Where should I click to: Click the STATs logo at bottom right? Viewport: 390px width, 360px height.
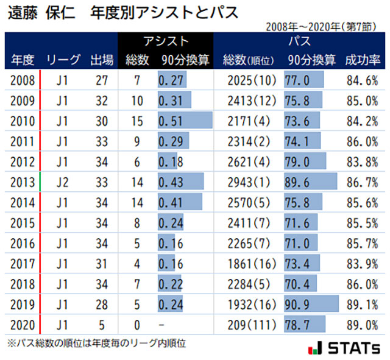point(345,348)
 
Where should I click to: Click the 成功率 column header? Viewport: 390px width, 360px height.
point(363,60)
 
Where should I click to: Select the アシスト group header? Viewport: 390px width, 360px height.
point(166,42)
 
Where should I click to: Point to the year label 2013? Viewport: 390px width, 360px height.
point(23,181)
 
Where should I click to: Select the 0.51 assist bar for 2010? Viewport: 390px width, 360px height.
point(185,121)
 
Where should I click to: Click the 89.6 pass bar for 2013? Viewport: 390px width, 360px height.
point(311,181)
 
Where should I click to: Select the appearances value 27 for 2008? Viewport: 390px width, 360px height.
point(101,80)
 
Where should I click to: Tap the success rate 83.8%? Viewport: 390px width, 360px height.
point(363,161)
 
